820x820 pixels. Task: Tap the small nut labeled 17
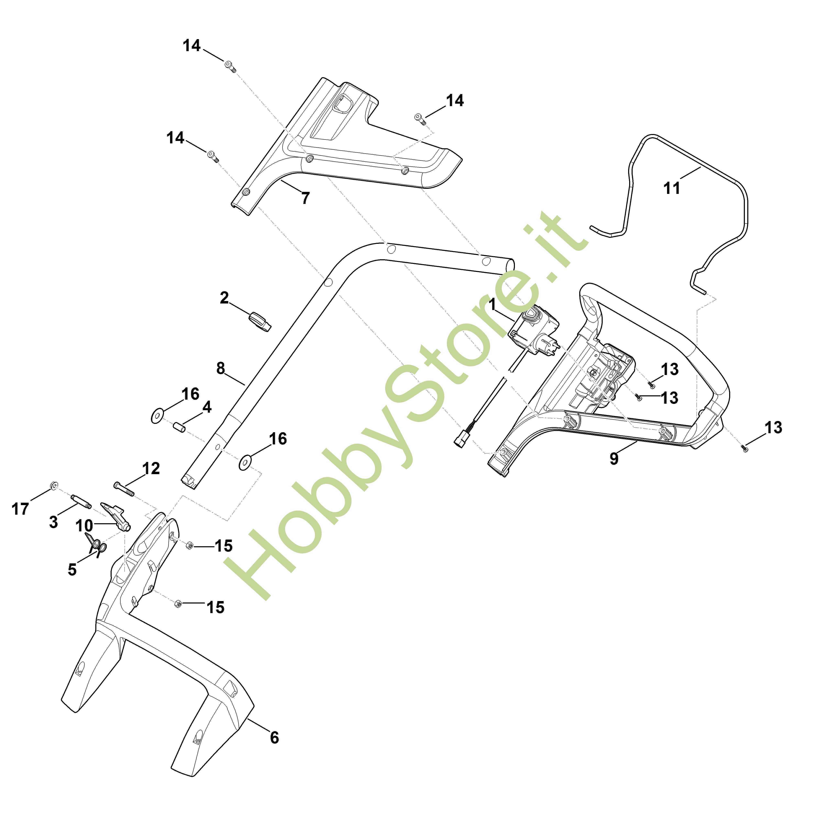tap(54, 485)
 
